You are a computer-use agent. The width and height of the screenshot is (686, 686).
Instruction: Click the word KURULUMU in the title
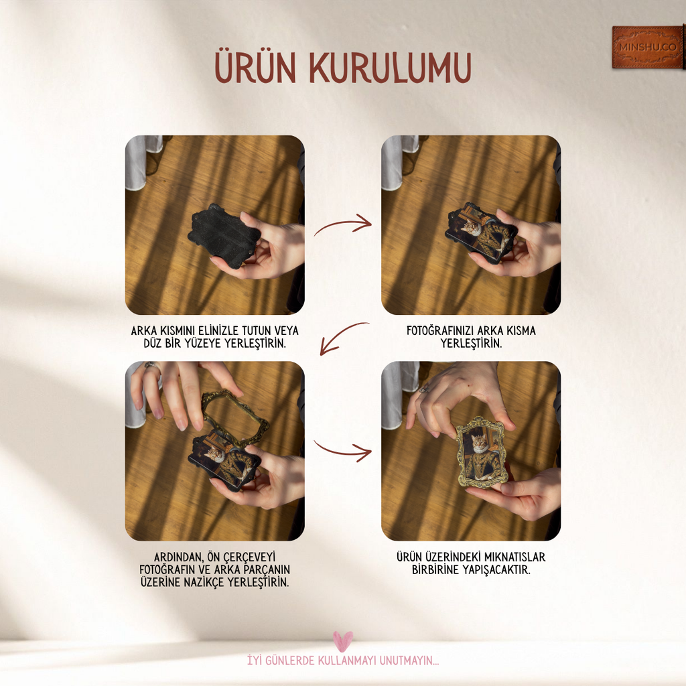click(391, 67)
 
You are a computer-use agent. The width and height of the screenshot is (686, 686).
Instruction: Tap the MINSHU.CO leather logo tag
click(648, 48)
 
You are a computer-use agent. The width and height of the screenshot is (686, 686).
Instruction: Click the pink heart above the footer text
click(342, 641)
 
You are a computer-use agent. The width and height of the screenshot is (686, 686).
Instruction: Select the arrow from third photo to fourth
click(342, 450)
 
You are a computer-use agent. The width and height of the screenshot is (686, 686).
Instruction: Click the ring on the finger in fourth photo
click(424, 388)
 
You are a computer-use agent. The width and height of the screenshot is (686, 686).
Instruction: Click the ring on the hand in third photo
click(150, 366)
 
